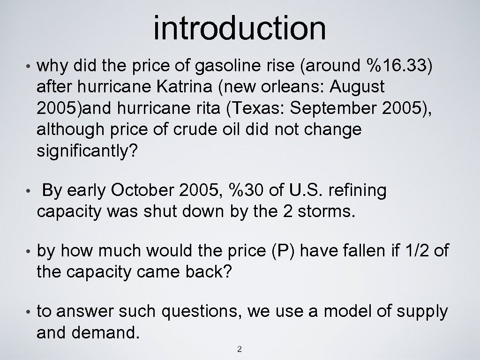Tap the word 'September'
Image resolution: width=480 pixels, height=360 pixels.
point(331,108)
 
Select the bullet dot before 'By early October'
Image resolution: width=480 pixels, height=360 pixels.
point(28,191)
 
